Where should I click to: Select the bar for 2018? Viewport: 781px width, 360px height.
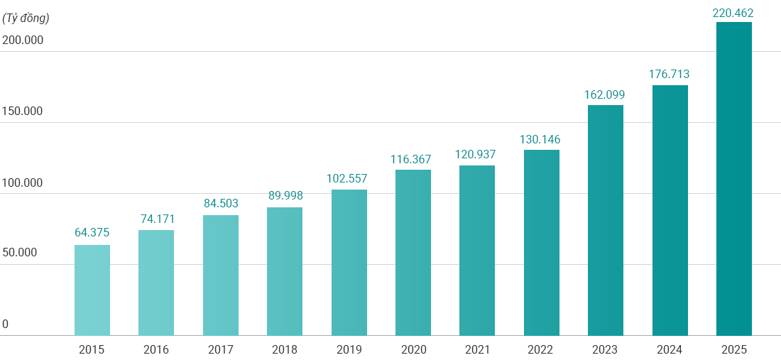[285, 271]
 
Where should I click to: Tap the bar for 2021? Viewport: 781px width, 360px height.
[477, 250]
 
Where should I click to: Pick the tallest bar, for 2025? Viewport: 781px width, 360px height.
[733, 178]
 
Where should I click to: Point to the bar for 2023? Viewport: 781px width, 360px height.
[606, 220]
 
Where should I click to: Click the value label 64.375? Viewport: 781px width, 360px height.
[92, 233]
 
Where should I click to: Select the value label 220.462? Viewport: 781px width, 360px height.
[733, 12]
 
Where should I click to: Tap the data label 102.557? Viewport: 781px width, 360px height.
[349, 178]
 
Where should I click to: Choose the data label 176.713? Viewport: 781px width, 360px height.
[670, 74]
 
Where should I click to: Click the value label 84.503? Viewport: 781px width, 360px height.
[221, 203]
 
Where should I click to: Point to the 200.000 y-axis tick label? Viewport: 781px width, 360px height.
[23, 40]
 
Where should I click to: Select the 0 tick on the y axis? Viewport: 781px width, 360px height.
[5, 324]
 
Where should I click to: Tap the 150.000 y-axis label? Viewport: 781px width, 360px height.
[23, 111]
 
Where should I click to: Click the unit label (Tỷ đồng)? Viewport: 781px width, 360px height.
[26, 18]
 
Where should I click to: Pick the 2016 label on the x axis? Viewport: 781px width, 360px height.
[156, 349]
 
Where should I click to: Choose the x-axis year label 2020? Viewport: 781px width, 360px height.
[413, 349]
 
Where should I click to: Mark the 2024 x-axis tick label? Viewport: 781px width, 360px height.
[670, 349]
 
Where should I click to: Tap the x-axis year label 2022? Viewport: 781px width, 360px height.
[542, 349]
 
